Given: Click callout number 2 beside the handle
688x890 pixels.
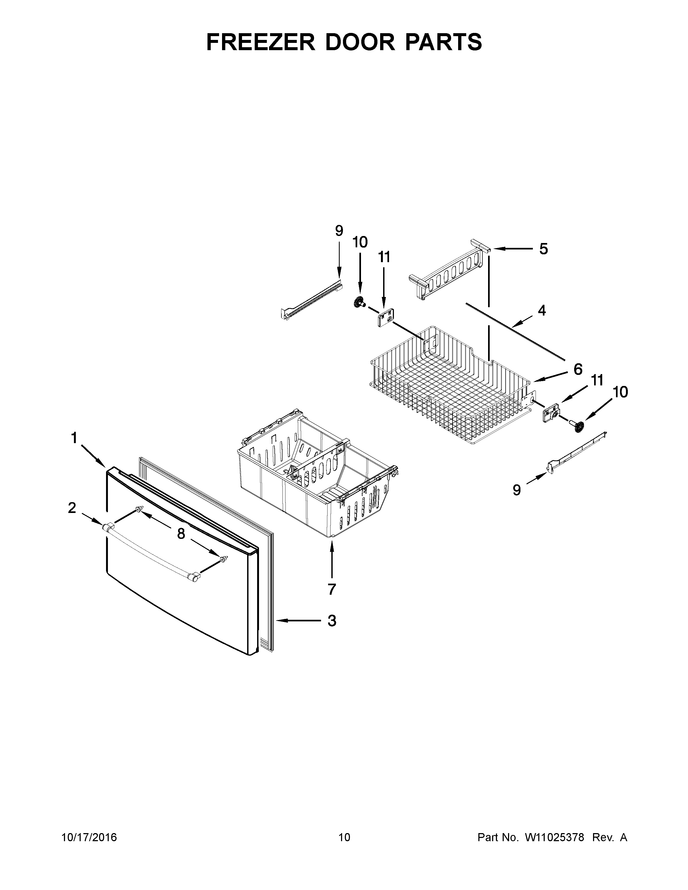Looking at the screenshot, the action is (72, 508).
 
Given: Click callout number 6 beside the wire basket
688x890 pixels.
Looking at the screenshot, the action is (578, 369).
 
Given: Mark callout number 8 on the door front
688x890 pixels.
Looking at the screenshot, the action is (181, 533).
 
